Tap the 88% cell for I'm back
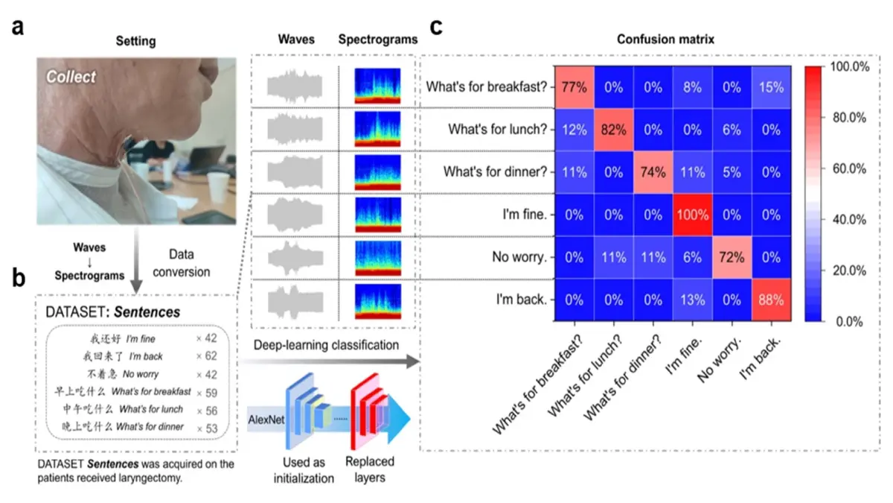click(770, 300)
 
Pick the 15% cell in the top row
click(770, 86)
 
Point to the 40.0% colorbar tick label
click(849, 220)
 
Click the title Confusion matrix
click(665, 39)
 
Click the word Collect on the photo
click(72, 77)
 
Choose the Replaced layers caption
click(370, 469)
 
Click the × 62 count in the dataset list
click(211, 356)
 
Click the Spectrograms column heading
click(377, 39)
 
